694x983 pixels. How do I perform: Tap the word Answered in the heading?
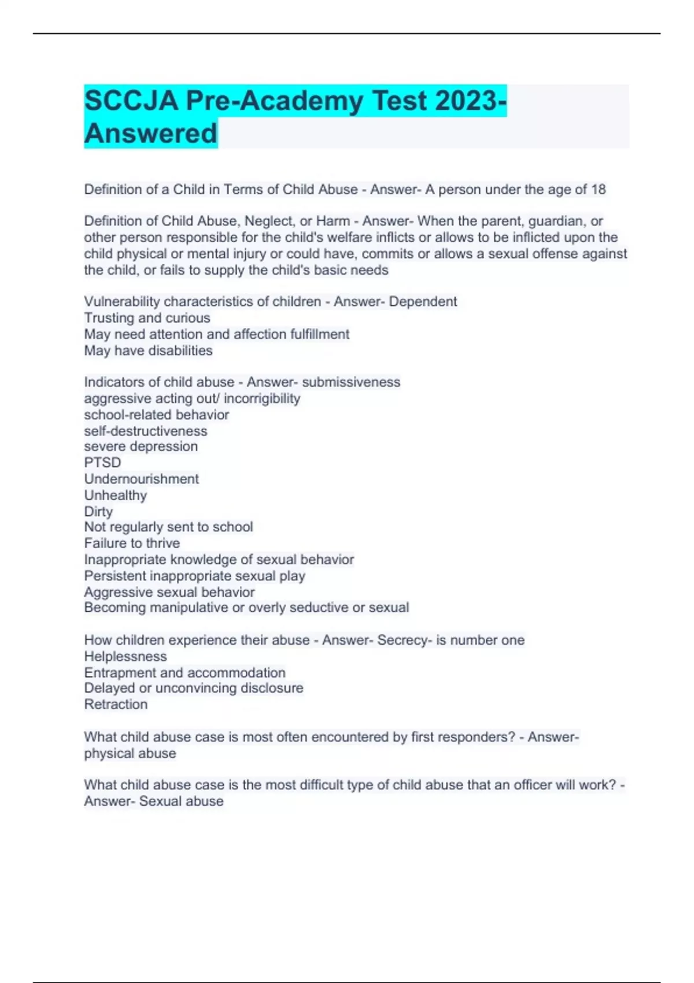click(150, 133)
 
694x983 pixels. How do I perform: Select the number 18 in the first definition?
click(598, 189)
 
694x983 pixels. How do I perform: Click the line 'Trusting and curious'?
click(147, 317)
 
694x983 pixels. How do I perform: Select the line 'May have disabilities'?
click(148, 350)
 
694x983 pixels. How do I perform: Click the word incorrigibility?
click(262, 398)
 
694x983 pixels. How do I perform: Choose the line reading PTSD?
click(102, 463)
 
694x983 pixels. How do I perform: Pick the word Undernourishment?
click(141, 479)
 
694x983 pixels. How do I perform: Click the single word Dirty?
click(98, 511)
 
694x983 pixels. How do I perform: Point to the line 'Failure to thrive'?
click(132, 543)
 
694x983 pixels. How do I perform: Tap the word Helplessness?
click(125, 656)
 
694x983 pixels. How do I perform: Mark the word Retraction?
click(116, 704)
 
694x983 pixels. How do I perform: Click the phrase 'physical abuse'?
click(130, 753)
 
